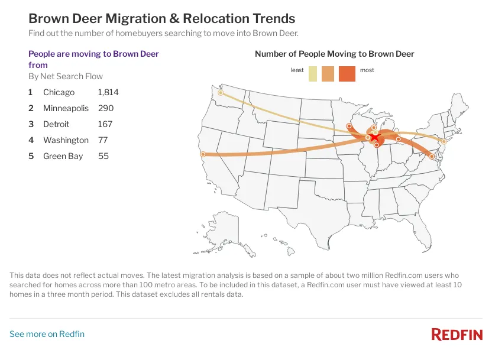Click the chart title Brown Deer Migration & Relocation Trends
[x=162, y=19]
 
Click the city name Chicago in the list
[x=59, y=92]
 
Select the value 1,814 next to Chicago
[x=108, y=92]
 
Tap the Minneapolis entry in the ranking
[x=66, y=108]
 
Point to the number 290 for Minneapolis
[x=105, y=108]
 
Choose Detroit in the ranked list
[x=56, y=124]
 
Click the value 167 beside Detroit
[x=104, y=124]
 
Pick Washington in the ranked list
[x=66, y=140]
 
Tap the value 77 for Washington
[x=102, y=140]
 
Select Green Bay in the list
[x=63, y=156]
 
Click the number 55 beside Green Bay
[x=103, y=156]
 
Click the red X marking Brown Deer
[x=374, y=137]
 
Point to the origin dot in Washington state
[x=221, y=93]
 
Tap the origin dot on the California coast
[x=203, y=154]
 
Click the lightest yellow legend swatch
[x=313, y=74]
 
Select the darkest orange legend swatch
[x=347, y=74]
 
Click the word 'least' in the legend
[x=297, y=70]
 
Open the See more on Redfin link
[x=47, y=334]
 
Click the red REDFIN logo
[x=457, y=335]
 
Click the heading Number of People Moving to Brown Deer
[x=334, y=54]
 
